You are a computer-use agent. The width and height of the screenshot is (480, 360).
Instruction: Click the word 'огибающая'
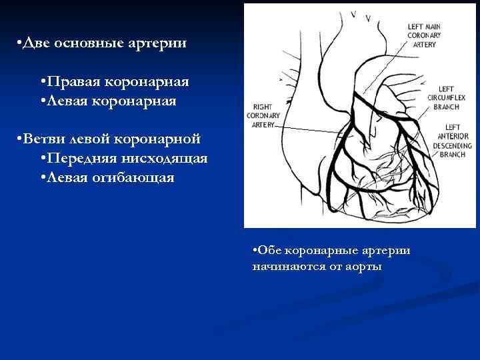click(138, 178)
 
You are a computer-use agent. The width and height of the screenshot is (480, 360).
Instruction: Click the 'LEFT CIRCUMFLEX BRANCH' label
click(446, 97)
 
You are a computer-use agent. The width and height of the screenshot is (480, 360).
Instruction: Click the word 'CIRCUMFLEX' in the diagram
click(446, 97)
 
